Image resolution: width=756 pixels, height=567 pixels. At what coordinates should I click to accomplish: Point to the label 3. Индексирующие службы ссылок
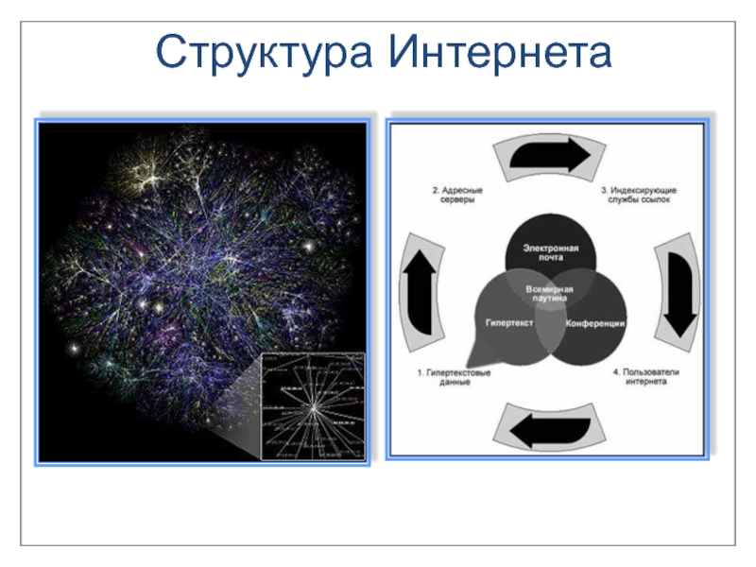click(x=640, y=196)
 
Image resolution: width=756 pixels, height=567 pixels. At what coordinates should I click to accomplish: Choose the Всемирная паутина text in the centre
click(x=549, y=291)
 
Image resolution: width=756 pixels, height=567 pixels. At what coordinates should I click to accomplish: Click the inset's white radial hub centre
click(x=313, y=406)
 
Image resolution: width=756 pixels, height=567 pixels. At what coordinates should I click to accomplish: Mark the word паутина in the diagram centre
click(x=549, y=297)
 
